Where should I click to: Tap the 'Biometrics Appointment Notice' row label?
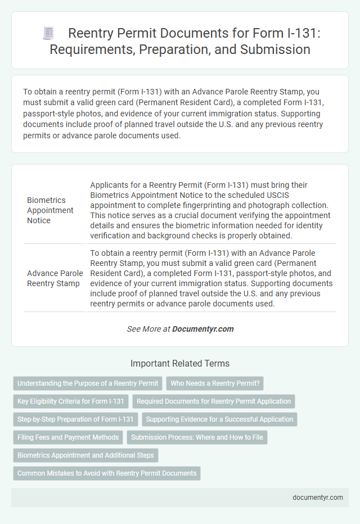coord(50,210)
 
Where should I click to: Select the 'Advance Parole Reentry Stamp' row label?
coord(55,278)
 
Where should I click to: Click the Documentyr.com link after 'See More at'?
coord(203,329)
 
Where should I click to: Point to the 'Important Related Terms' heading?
coord(179,363)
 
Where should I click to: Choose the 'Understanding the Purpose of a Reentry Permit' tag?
coord(88,383)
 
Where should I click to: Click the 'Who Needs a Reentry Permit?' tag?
coord(215,383)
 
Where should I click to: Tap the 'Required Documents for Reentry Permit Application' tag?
coord(214,401)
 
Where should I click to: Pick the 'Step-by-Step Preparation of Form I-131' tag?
coord(75,419)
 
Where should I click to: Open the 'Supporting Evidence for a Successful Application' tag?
coord(220,419)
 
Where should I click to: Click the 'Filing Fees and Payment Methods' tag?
coord(68,437)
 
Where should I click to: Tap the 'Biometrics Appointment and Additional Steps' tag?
coord(85,455)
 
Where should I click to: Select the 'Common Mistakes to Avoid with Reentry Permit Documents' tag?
coord(107,473)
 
